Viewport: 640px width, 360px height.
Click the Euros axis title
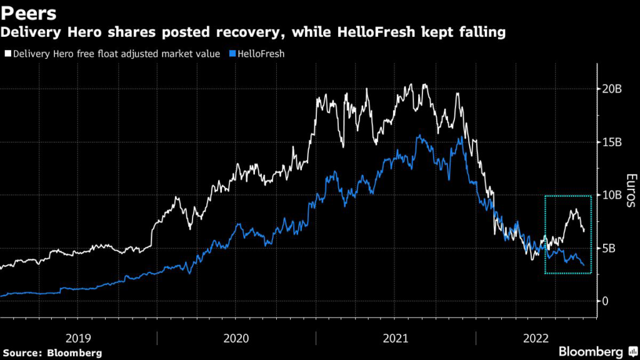[630, 191]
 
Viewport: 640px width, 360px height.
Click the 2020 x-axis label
[236, 338]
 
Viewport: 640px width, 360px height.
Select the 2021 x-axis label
[394, 338]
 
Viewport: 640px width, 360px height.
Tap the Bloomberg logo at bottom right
[591, 352]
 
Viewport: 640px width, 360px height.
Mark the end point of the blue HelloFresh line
[584, 265]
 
